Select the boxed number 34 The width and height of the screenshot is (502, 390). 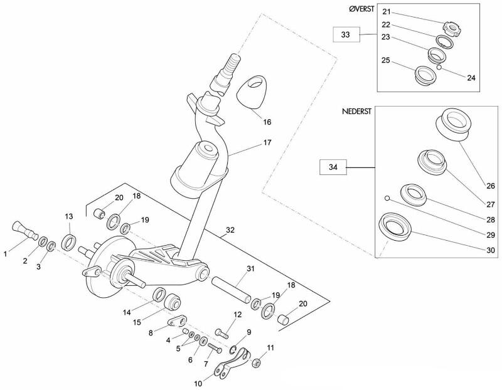[x=333, y=167]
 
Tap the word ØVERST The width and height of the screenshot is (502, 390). [x=361, y=9]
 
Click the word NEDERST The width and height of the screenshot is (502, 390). [x=356, y=112]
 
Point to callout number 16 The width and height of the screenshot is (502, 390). [x=267, y=122]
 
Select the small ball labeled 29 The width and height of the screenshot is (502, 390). [x=387, y=198]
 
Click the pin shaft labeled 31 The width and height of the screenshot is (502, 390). [x=231, y=290]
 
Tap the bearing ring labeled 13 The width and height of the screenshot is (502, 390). [x=69, y=242]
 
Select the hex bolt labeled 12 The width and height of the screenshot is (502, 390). [x=222, y=334]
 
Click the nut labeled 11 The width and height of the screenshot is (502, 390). [x=256, y=364]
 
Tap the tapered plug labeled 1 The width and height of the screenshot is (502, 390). [x=24, y=230]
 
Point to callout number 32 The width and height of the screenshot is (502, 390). [x=230, y=229]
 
